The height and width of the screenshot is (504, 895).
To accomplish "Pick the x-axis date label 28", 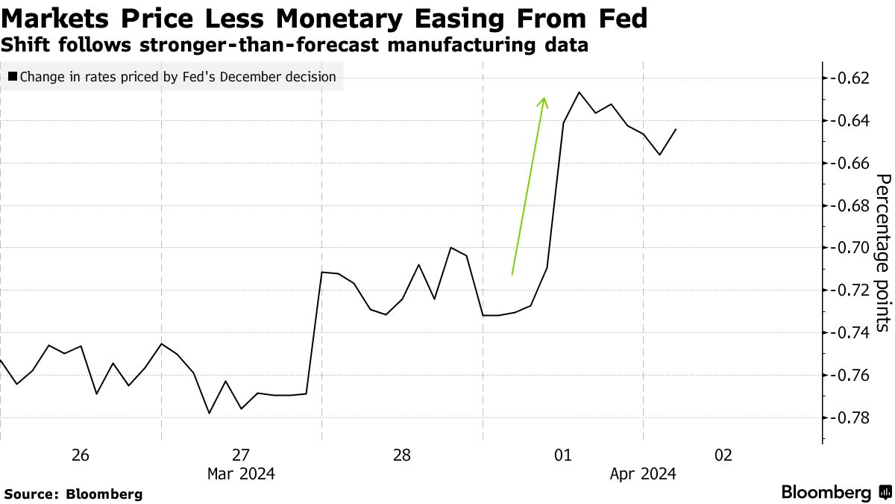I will pyautogui.click(x=401, y=455).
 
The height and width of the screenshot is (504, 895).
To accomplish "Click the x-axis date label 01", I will pyautogui.click(x=562, y=455).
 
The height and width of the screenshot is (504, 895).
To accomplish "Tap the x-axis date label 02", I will pyautogui.click(x=723, y=455).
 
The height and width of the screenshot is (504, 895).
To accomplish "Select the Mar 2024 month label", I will pyautogui.click(x=241, y=473).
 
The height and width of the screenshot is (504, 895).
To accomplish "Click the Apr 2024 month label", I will pyautogui.click(x=642, y=473).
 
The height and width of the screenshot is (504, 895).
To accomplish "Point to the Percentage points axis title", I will pyautogui.click(x=882, y=252).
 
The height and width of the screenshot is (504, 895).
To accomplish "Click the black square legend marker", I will pyautogui.click(x=12, y=77).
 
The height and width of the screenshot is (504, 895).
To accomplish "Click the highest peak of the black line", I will pyautogui.click(x=579, y=92).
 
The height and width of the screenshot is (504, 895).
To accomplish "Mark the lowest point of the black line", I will pyautogui.click(x=209, y=413).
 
